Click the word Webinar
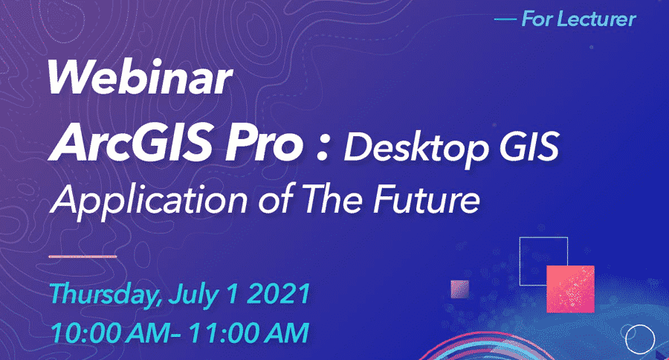[140, 77]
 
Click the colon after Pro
[324, 147]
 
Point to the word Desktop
[416, 148]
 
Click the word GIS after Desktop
[529, 147]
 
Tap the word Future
[426, 199]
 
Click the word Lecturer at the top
[598, 19]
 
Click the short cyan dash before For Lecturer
[505, 19]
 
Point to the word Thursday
[106, 295]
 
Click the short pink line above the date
[83, 257]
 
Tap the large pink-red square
[570, 289]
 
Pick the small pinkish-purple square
[460, 289]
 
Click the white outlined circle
[626, 339]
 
